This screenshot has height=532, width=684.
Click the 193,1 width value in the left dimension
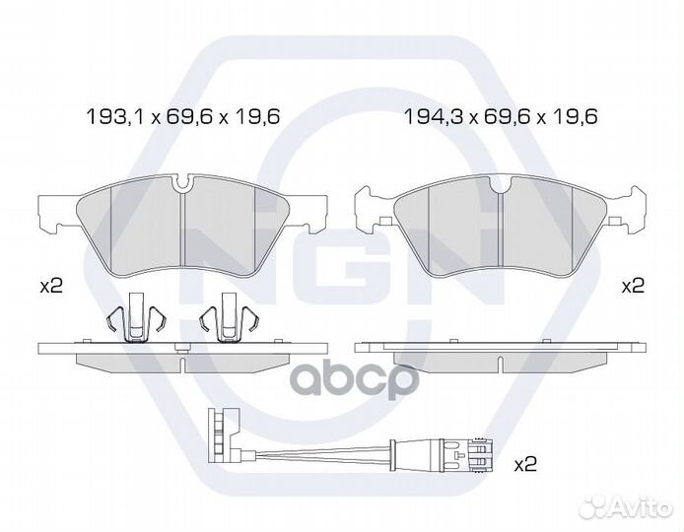(x=115, y=117)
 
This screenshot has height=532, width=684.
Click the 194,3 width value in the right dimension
(x=434, y=117)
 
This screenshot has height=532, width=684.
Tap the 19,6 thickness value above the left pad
(x=255, y=117)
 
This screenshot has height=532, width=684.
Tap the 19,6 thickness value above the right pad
(x=574, y=117)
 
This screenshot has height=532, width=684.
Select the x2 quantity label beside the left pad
(x=51, y=287)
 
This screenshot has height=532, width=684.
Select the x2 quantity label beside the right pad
(x=633, y=287)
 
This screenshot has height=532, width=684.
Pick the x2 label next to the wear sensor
(x=525, y=465)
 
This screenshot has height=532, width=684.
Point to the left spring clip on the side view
(x=137, y=318)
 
